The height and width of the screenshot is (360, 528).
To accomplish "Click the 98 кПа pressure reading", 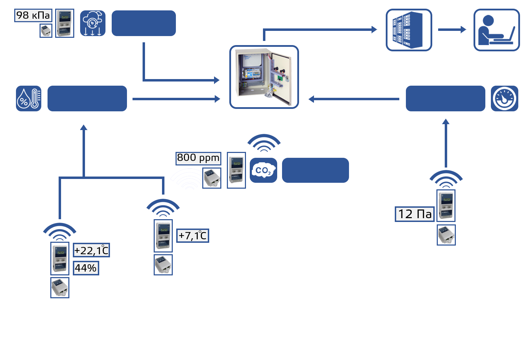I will (x=33, y=15).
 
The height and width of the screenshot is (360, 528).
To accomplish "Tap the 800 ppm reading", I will (x=198, y=158).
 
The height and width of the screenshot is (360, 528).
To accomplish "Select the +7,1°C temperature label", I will (x=193, y=236).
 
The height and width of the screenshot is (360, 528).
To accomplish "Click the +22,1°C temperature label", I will (x=91, y=250).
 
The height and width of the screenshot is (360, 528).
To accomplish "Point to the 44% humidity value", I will (x=86, y=268).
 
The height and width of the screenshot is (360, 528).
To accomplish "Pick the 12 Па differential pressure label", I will (x=415, y=214).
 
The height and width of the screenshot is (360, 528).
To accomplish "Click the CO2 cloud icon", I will (x=263, y=170).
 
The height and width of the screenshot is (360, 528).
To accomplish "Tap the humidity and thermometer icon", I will (x=29, y=98).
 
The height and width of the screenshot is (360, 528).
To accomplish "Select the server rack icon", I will (x=409, y=30).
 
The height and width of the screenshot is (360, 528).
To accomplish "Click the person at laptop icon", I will (x=496, y=30).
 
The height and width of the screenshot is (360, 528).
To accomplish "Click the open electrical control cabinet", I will (x=265, y=77).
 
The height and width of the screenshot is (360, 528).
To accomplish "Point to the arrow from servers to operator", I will (x=452, y=29).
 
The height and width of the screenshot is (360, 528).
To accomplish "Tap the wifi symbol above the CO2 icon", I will (x=264, y=143).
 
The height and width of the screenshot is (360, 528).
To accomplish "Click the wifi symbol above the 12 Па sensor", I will (x=446, y=179).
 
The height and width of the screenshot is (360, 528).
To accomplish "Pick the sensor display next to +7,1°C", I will (x=163, y=236).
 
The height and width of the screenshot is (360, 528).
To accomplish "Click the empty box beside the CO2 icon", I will (x=315, y=170).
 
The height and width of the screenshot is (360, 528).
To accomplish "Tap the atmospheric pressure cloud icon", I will (x=93, y=23).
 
